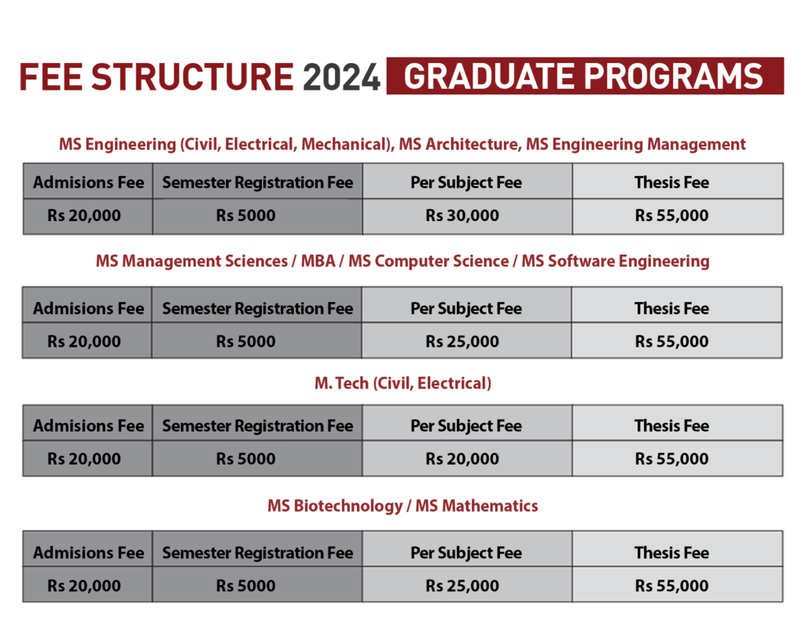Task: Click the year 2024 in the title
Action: pyautogui.click(x=341, y=77)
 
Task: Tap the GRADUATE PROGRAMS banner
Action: pyautogui.click(x=585, y=76)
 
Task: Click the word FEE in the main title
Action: pyautogui.click(x=51, y=77)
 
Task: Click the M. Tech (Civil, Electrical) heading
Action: pyautogui.click(x=403, y=383)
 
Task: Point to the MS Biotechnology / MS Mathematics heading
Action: pyautogui.click(x=403, y=506)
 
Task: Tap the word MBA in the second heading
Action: pyautogui.click(x=318, y=261)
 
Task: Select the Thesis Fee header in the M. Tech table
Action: pyautogui.click(x=671, y=426)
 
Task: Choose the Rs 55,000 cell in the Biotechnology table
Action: pyautogui.click(x=671, y=586)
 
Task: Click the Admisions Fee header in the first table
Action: pyautogui.click(x=88, y=182)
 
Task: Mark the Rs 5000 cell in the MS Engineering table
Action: pyautogui.click(x=245, y=215)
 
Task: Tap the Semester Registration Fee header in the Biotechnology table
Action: pyautogui.click(x=258, y=553)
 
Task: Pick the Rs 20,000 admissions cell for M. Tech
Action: pyautogui.click(x=83, y=458)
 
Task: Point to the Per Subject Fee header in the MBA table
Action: pyautogui.click(x=466, y=308)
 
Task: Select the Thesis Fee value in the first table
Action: pyautogui.click(x=671, y=215)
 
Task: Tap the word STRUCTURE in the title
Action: pyautogui.click(x=193, y=77)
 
